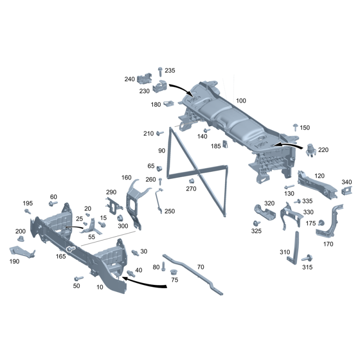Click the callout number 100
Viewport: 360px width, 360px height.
241,101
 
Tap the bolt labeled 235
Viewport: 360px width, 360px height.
160,72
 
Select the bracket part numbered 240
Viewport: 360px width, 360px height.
144,79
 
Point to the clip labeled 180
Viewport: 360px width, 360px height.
169,103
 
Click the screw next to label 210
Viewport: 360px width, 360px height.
160,133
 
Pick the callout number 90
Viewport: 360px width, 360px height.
162,151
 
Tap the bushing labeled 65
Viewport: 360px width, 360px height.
159,168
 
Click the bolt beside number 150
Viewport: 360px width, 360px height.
296,127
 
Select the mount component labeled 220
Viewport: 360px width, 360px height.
311,150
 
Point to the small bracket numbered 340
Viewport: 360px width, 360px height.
346,191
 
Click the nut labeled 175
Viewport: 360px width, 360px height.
321,223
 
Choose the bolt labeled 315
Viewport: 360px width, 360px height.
307,258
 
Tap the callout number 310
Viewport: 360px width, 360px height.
285,252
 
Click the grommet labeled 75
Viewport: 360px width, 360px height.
173,272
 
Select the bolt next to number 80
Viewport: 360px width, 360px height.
163,266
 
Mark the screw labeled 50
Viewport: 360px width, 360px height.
78,279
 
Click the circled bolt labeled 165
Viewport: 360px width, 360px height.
71,249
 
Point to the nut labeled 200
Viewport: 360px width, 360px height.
21,238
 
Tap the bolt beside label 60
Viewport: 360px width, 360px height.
53,203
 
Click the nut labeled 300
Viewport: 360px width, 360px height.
120,218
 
